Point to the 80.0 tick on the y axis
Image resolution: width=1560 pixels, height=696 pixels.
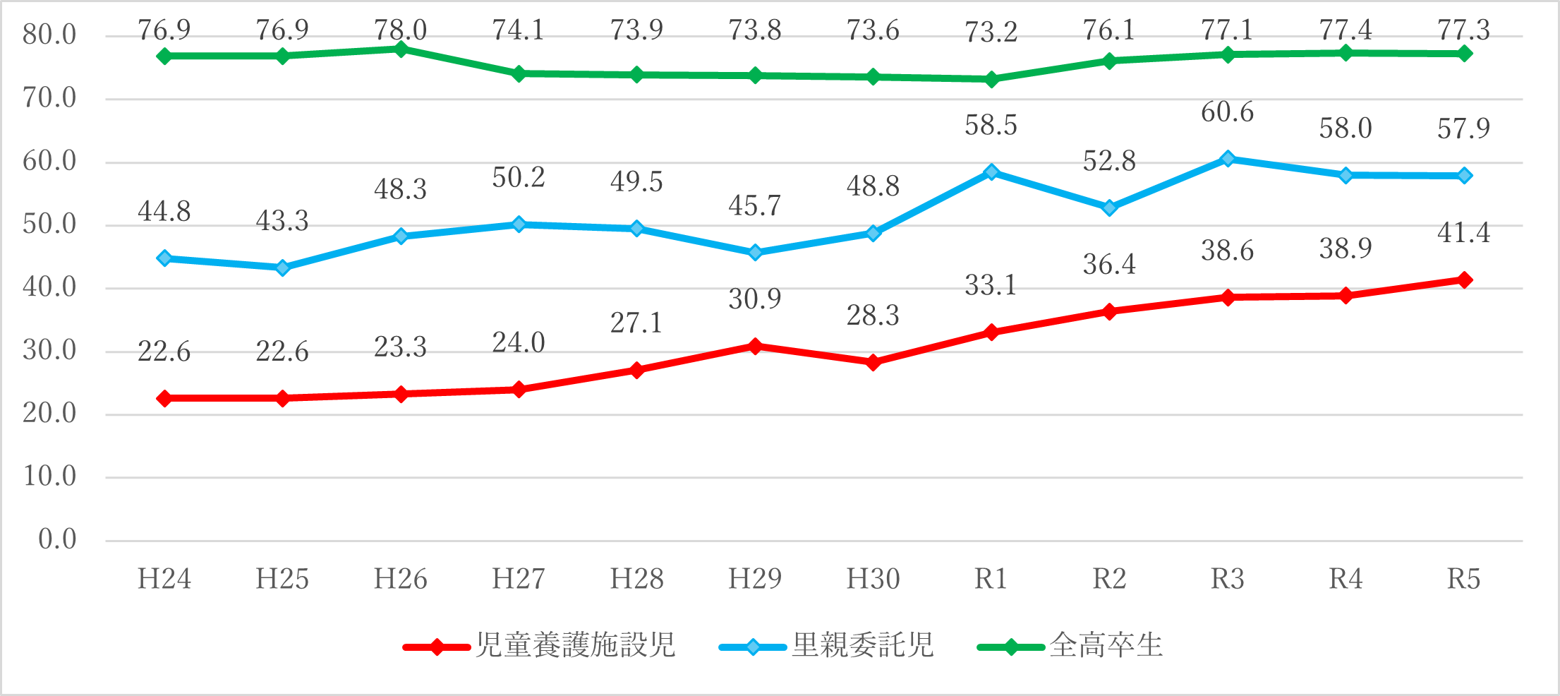49,35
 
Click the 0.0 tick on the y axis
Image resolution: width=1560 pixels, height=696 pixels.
57,539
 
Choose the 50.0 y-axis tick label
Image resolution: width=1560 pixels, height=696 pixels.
49,224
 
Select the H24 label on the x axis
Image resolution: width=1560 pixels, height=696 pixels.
164,579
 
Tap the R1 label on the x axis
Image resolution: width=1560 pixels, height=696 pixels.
991,579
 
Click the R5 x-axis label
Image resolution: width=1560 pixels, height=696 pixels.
1464,579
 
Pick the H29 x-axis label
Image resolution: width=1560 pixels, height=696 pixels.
755,579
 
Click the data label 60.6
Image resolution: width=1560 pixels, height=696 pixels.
1228,112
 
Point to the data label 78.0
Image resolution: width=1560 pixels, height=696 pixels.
401,30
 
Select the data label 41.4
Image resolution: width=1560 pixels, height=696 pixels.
1464,233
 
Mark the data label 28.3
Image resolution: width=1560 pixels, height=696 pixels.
873,316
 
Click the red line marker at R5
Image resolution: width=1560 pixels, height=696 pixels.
1464,280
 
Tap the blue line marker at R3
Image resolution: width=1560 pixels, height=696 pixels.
1228,159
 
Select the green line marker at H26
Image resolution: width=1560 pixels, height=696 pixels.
401,49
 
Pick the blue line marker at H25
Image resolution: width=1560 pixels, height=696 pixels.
283,268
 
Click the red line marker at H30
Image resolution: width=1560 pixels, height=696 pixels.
873,363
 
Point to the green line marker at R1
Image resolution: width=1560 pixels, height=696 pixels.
991,79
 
